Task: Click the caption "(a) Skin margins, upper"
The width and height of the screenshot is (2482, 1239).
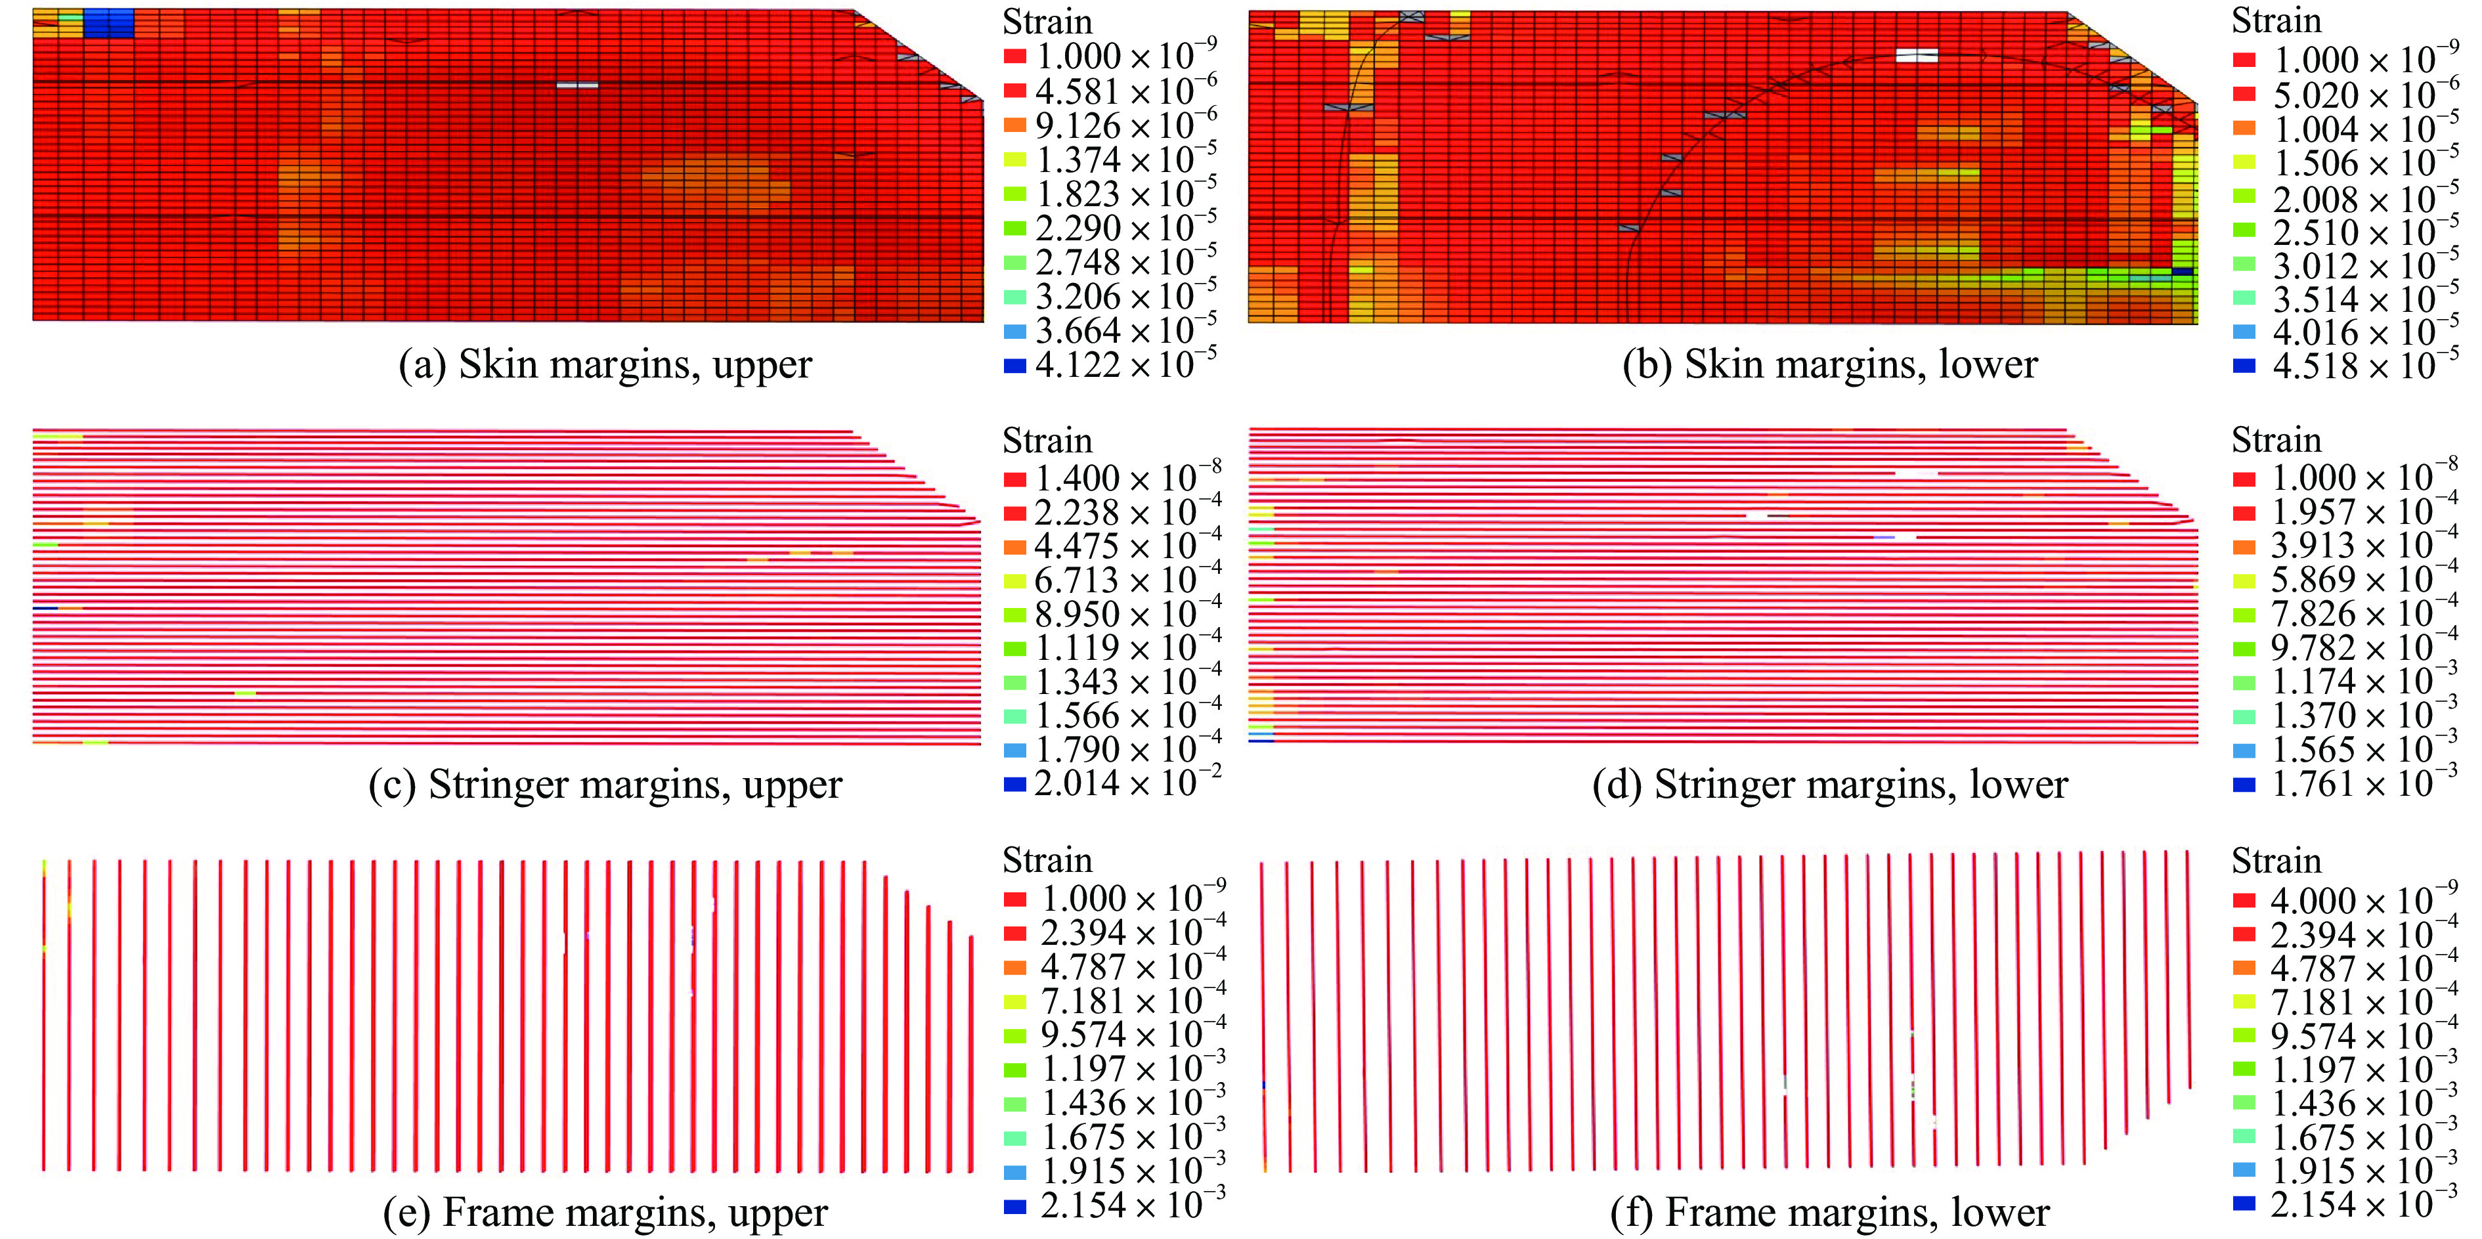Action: (605, 364)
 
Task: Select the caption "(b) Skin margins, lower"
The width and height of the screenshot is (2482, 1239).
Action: (1830, 364)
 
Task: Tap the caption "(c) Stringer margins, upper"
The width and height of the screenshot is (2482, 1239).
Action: (605, 784)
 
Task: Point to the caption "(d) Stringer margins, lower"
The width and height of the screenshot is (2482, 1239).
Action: (1830, 784)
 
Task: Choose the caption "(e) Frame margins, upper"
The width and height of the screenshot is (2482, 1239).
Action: (605, 1212)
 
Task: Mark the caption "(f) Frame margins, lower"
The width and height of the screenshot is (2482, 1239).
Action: (1830, 1212)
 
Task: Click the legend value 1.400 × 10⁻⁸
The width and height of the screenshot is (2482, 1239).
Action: (1127, 478)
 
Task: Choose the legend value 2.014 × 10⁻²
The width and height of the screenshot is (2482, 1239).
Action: (1127, 783)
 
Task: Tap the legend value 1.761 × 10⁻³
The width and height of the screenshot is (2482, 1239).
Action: (2364, 784)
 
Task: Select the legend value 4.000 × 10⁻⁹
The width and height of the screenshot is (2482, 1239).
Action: (2364, 901)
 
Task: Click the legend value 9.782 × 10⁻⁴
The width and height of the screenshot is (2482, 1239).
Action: (2364, 647)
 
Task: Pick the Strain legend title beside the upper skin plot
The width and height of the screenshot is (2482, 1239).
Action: (1047, 21)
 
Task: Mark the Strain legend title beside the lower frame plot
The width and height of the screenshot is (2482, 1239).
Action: (2276, 860)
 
